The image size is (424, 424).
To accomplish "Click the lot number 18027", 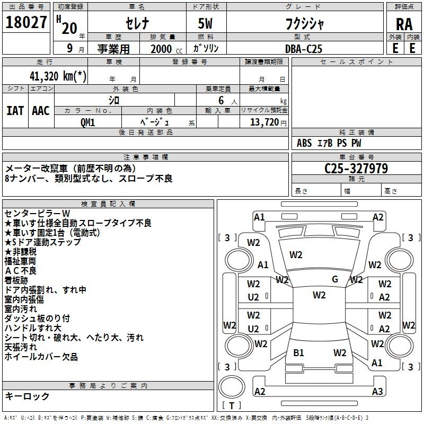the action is [x=26, y=22].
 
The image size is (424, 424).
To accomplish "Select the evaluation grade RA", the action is [x=404, y=24].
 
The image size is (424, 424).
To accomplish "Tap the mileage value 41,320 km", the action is [x=58, y=76].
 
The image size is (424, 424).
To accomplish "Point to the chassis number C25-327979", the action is [x=356, y=169].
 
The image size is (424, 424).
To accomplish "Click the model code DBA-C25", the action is [x=304, y=49].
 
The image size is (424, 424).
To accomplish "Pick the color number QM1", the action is [x=87, y=122].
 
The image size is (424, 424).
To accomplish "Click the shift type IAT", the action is [x=15, y=111].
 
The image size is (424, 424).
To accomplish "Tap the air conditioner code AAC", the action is [x=41, y=111].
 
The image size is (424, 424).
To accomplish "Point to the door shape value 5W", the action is [x=205, y=23].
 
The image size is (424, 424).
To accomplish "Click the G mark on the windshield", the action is [x=335, y=279].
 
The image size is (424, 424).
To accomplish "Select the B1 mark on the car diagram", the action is [x=298, y=353].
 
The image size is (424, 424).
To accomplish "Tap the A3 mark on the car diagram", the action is [x=377, y=391].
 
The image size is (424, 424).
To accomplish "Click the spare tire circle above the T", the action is [x=232, y=386].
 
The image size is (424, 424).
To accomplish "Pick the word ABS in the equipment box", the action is [x=304, y=143].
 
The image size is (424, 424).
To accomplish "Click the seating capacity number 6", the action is [x=221, y=100].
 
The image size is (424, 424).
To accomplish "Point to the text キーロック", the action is [x=27, y=396].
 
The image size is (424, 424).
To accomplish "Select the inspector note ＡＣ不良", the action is [x=21, y=271].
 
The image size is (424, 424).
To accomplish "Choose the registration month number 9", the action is [x=70, y=48].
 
